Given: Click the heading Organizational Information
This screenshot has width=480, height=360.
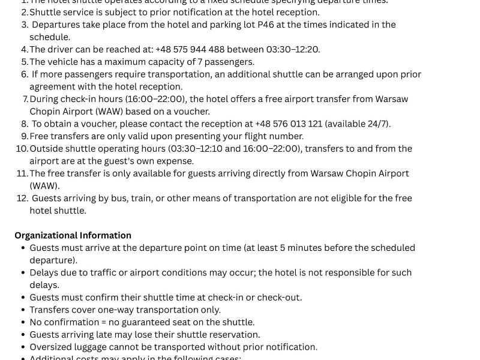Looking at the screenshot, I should click(73, 235).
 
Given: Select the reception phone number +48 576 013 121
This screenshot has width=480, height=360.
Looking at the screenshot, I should click(289, 124).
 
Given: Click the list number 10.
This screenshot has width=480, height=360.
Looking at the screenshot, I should click(22, 148).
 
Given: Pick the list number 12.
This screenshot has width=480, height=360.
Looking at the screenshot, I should click(22, 198).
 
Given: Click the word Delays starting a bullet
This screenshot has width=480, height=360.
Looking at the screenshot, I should click(44, 272).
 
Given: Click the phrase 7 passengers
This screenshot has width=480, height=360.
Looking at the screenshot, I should click(226, 62).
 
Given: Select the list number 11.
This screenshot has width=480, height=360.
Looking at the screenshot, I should click(22, 173).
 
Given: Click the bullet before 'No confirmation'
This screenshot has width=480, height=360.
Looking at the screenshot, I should click(23, 322).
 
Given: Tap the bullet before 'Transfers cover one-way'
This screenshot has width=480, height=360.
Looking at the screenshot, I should click(23, 310).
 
